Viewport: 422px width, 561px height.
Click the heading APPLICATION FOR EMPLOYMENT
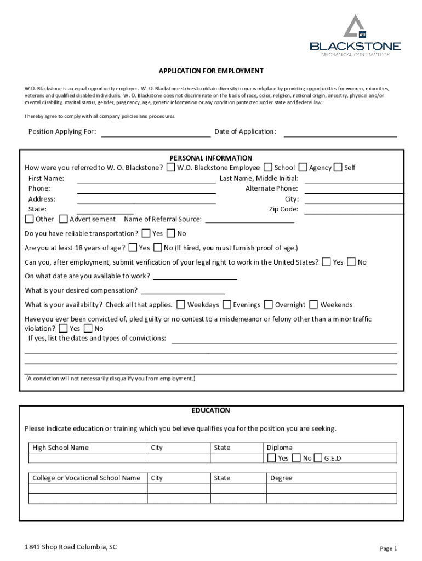211,71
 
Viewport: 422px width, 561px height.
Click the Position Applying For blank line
156,131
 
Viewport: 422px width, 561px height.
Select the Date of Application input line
340,131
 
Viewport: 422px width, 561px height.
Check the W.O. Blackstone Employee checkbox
172,167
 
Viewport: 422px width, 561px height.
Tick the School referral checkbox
269,167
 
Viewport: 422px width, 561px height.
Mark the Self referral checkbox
338,167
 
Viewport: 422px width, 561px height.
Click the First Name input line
146,179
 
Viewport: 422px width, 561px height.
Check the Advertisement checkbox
64,219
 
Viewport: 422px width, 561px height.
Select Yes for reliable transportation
146,233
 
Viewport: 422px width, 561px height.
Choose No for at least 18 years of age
158,248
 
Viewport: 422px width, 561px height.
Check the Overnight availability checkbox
269,305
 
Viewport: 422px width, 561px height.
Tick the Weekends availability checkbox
313,305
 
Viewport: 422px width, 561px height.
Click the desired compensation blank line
183,290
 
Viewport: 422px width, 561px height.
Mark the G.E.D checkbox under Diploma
318,458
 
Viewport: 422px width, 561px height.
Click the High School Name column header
60,448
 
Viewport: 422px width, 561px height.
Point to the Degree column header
281,478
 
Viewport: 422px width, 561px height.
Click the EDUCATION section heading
211,410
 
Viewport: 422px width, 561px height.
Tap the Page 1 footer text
388,548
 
